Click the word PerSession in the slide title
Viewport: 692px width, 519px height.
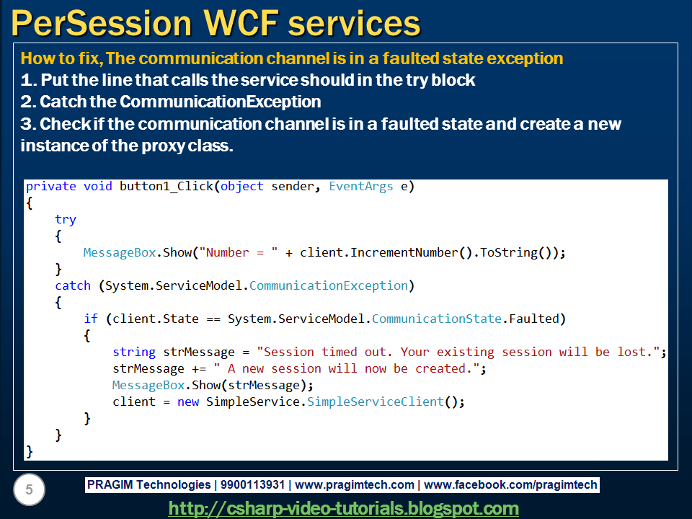click(102, 23)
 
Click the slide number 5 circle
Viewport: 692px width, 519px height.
click(29, 489)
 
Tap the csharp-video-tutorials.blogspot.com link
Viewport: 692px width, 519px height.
click(343, 508)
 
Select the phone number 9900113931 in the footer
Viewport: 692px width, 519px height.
click(252, 484)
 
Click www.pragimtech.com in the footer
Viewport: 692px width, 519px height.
click(355, 484)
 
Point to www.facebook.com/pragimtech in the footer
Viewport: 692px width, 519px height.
click(510, 484)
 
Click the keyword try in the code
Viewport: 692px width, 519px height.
click(66, 220)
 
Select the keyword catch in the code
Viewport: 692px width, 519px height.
click(73, 285)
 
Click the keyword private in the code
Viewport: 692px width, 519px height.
click(50, 186)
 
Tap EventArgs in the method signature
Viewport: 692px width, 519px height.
click(361, 186)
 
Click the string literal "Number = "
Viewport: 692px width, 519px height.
click(239, 252)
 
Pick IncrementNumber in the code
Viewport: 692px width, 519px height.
click(404, 252)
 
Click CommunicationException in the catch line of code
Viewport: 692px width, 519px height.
click(329, 285)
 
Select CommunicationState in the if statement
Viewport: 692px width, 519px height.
click(437, 319)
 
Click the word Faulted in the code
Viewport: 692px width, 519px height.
click(534, 319)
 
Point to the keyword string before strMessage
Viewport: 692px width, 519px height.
click(134, 352)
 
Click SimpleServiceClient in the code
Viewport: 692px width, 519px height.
click(376, 402)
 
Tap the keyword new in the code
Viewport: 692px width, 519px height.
click(188, 402)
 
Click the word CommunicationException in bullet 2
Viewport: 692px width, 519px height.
click(221, 102)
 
